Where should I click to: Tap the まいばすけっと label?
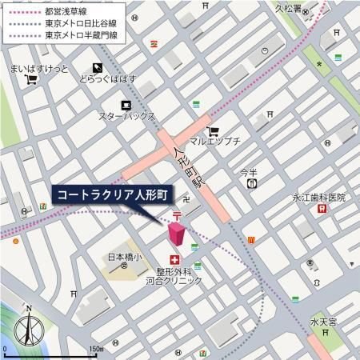coord(39,68)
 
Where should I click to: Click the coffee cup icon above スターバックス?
coord(126,105)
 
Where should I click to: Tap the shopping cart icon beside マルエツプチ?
coord(212,132)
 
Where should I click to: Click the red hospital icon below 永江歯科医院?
coord(322,209)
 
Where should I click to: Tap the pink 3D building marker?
coord(176,235)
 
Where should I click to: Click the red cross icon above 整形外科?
coord(174,259)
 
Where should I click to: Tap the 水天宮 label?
coord(325,322)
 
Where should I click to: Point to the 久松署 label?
coord(287,10)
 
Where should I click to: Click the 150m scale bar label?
coord(97,349)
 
